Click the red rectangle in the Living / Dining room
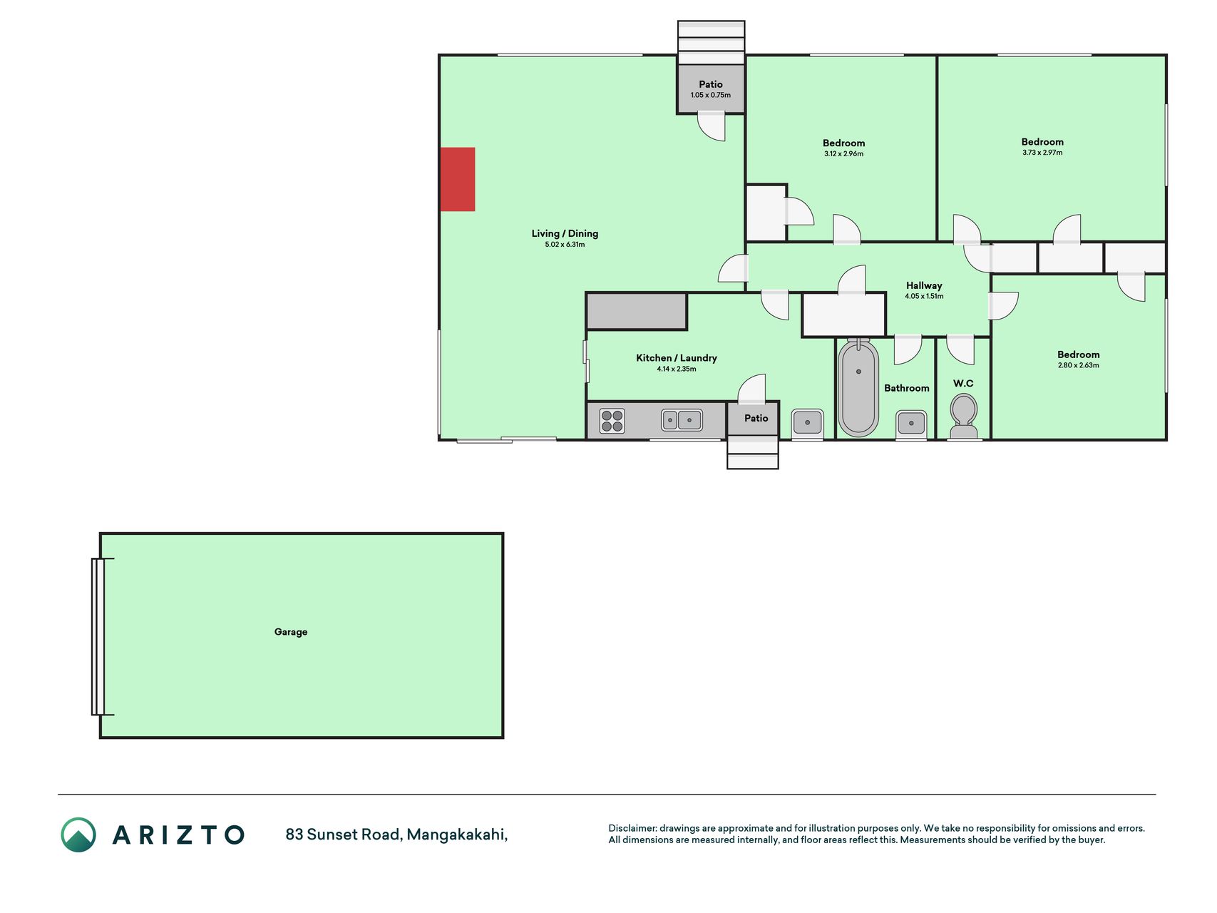point(458,179)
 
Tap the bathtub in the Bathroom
point(858,388)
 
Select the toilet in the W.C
point(964,417)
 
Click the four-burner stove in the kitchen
point(612,421)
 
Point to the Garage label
point(291,632)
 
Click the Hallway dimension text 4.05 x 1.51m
point(924,296)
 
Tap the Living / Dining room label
point(565,233)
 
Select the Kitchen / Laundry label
point(677,358)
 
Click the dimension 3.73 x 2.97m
point(1042,153)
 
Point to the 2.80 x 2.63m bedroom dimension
point(1079,365)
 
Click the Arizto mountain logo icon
point(78,835)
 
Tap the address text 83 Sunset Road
point(343,835)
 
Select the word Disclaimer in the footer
point(632,828)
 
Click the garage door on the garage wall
point(98,637)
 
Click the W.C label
point(963,384)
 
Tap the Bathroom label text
point(907,388)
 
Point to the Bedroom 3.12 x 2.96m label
point(844,148)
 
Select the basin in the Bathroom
point(911,423)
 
